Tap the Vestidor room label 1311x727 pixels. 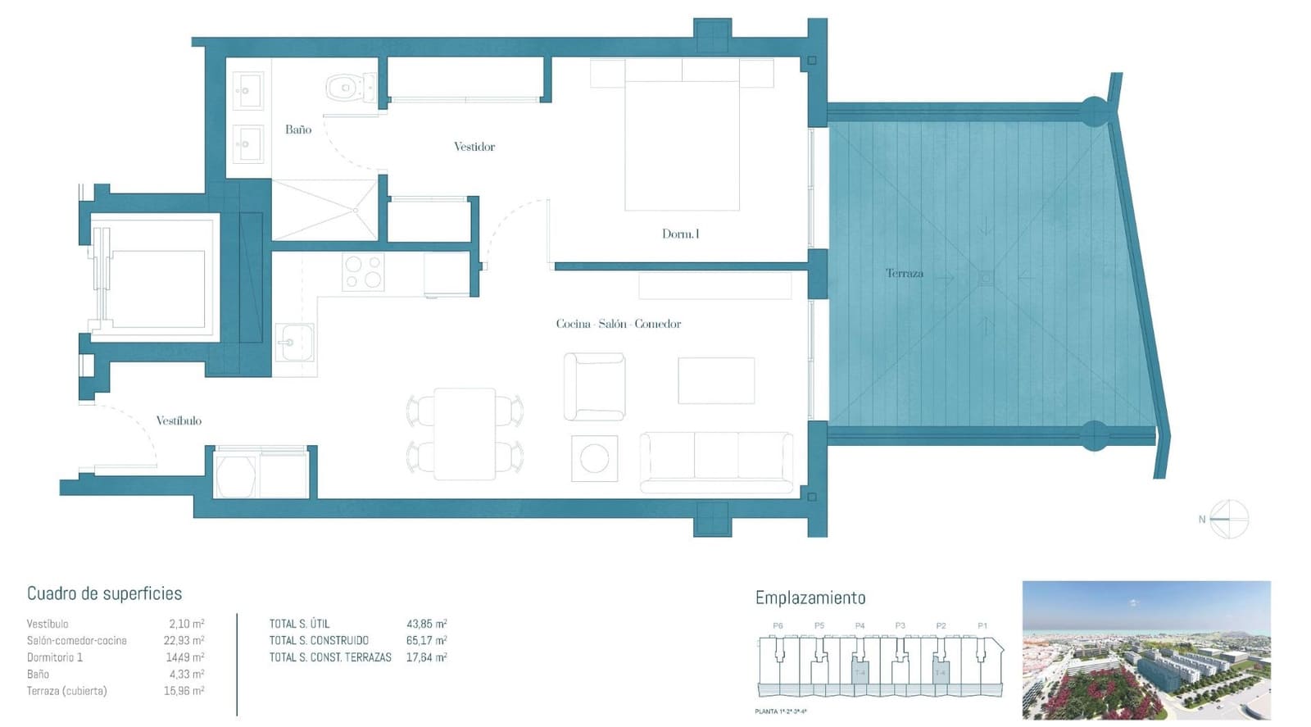[x=474, y=147]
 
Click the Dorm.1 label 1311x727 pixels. [x=680, y=234]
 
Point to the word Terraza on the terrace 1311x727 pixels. [x=904, y=274]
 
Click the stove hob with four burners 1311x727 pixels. [x=363, y=272]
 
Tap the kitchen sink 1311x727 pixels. [x=293, y=342]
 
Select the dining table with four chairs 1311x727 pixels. [x=465, y=434]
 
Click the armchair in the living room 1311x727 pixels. [x=594, y=386]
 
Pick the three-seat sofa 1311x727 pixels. [x=716, y=461]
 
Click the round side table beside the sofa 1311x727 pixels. [x=594, y=458]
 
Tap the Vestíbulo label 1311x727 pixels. [x=179, y=420]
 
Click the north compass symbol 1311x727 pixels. [x=1228, y=519]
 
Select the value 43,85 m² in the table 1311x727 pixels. [x=426, y=624]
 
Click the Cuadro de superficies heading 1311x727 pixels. [x=104, y=593]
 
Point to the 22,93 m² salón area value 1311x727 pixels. [x=184, y=641]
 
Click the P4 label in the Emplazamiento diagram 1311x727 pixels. [x=860, y=625]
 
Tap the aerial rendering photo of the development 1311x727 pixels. [x=1145, y=650]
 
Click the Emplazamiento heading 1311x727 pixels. [x=810, y=598]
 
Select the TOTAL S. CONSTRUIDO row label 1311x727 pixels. [x=319, y=641]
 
